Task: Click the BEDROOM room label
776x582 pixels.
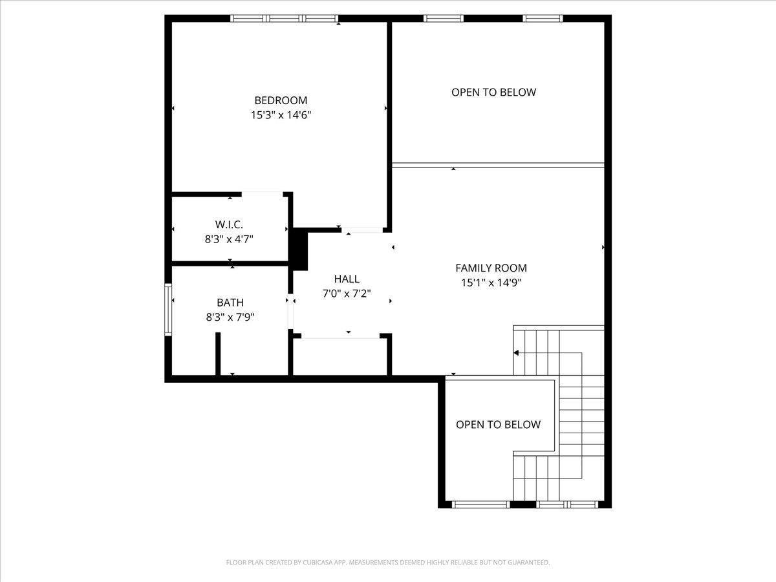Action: tap(281, 100)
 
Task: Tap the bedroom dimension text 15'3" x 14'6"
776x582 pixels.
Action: tap(281, 115)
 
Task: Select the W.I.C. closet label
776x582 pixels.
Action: tap(229, 224)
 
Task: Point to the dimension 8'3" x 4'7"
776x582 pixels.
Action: tap(229, 239)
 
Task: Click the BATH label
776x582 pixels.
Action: tap(230, 302)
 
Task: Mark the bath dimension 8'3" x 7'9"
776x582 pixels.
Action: tap(230, 317)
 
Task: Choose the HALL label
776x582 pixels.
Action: tap(347, 279)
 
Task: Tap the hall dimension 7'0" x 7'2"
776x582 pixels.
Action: tap(347, 293)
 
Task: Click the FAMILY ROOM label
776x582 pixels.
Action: tap(491, 268)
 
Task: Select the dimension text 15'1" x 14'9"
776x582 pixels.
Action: tap(491, 283)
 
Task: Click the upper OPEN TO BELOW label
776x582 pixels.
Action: tap(493, 92)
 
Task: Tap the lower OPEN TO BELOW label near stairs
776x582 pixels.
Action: tap(498, 424)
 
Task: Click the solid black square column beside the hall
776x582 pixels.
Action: tap(299, 249)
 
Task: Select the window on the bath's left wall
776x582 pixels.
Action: tap(168, 309)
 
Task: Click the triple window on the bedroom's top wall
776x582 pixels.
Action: tap(285, 19)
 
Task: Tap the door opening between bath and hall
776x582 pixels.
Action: tap(290, 314)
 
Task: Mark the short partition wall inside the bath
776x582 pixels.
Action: tap(219, 353)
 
